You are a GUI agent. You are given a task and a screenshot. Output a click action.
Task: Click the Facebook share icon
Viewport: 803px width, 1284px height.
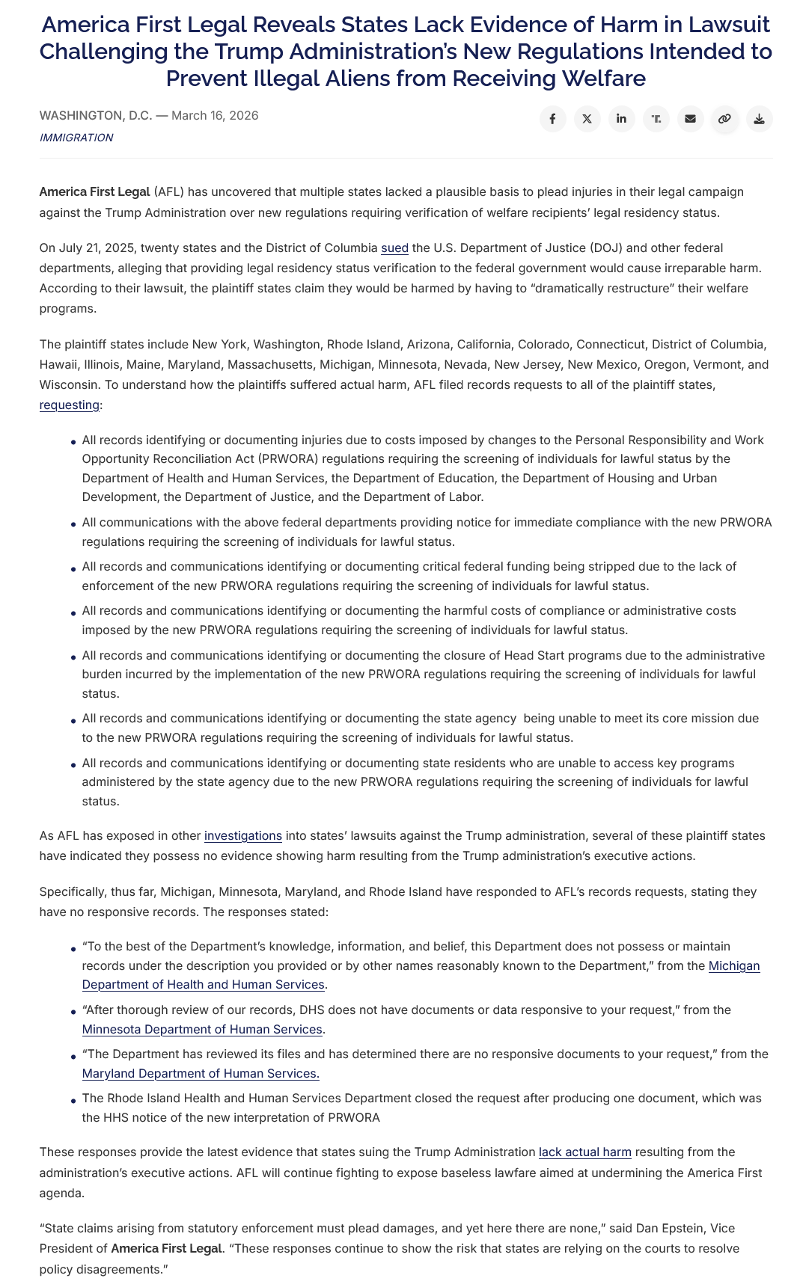tap(552, 119)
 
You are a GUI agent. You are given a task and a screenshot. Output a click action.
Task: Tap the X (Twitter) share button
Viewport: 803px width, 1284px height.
tap(587, 119)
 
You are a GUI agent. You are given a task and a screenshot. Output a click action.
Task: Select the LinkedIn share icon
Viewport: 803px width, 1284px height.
tap(621, 119)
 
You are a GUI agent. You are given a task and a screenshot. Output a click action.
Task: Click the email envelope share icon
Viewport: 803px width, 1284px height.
tap(690, 119)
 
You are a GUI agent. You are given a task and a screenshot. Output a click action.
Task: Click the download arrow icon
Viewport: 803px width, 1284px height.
tap(759, 119)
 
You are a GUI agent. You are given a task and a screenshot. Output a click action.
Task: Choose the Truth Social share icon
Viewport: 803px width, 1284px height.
tap(656, 119)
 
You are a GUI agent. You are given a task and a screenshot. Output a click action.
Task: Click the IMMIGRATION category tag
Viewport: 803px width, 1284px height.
tap(76, 138)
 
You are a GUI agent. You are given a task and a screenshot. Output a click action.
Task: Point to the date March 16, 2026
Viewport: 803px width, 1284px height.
tap(215, 115)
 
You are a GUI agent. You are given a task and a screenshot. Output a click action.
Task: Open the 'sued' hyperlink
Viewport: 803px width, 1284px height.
tap(394, 248)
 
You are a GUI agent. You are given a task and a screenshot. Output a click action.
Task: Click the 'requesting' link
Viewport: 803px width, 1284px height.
tap(69, 405)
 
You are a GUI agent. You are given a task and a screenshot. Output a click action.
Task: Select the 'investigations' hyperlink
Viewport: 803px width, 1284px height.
tap(243, 835)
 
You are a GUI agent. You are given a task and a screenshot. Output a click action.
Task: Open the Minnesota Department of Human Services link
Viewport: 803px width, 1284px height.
tap(202, 1029)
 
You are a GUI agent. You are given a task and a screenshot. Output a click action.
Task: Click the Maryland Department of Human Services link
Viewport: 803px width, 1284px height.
tap(201, 1073)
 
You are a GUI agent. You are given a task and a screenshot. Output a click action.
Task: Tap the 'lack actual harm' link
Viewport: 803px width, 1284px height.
tap(585, 1152)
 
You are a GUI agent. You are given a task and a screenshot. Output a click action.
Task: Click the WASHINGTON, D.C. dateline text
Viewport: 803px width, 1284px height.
tap(96, 115)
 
